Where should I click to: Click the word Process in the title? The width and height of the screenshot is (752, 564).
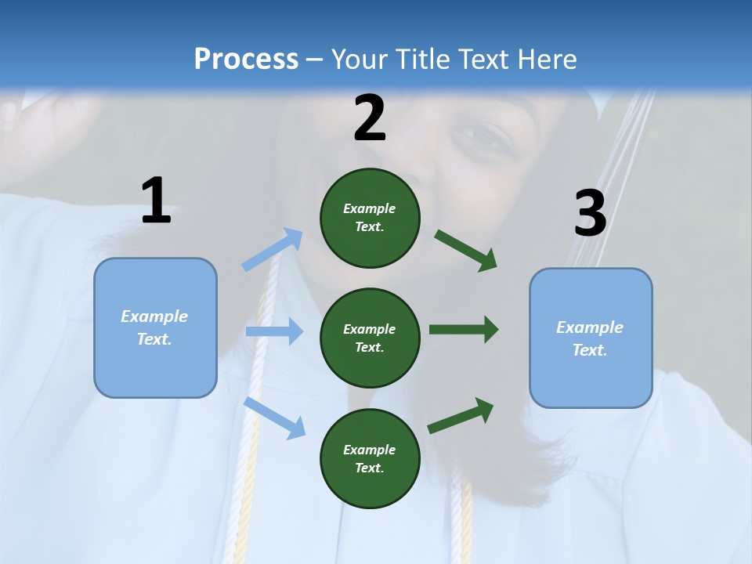pyautogui.click(x=246, y=59)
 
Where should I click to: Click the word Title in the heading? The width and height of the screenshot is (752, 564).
pyautogui.click(x=421, y=59)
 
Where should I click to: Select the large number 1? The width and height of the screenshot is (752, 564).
pyautogui.click(x=156, y=201)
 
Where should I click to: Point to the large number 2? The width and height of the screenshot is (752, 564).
pyautogui.click(x=370, y=118)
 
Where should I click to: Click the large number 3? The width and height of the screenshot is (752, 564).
pyautogui.click(x=590, y=214)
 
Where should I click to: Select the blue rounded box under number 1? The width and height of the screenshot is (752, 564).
pyautogui.click(x=155, y=327)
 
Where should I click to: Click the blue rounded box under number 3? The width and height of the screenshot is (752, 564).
pyautogui.click(x=591, y=338)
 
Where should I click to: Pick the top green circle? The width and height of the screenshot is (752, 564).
pyautogui.click(x=370, y=218)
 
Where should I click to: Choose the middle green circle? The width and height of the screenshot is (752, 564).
pyautogui.click(x=370, y=338)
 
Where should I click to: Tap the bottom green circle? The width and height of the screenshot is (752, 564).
pyautogui.click(x=370, y=459)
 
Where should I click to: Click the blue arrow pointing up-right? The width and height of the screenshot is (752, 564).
pyautogui.click(x=273, y=250)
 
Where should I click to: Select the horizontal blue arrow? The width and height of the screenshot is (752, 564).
pyautogui.click(x=274, y=331)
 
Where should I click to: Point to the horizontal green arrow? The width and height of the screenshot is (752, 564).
pyautogui.click(x=464, y=330)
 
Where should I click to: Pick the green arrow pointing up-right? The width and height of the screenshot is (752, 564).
pyautogui.click(x=461, y=416)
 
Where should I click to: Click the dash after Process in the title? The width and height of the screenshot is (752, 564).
pyautogui.click(x=314, y=60)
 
